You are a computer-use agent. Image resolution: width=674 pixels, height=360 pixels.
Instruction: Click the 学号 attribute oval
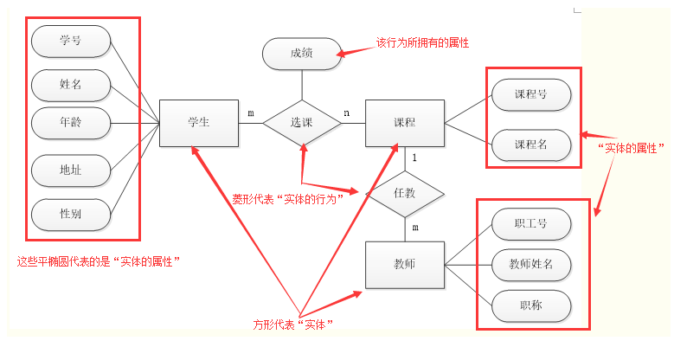point(71,41)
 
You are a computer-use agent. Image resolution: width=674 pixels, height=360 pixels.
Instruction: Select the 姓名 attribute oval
point(71,85)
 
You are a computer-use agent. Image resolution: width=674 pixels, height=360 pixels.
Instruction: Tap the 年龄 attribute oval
point(71,123)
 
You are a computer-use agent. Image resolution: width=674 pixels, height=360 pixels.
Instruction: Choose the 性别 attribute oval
point(71,213)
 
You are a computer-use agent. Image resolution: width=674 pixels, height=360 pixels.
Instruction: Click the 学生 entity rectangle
point(199,123)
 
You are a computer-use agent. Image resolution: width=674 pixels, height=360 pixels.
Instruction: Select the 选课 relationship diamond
point(301,123)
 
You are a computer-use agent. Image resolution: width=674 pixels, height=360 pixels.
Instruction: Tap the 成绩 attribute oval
point(301,55)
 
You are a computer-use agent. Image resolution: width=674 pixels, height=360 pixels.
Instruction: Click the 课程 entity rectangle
point(404,123)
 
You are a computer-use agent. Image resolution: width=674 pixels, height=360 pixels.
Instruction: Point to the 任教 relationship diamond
point(404,193)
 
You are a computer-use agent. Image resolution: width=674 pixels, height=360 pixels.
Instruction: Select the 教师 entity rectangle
point(404,264)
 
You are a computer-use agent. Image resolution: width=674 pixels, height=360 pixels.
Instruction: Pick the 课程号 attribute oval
point(530,93)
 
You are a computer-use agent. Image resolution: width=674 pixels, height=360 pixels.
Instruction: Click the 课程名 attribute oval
point(530,145)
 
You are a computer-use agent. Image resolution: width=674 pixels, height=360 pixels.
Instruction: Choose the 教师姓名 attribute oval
point(530,264)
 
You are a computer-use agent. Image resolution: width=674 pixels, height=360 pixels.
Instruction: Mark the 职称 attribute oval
point(530,305)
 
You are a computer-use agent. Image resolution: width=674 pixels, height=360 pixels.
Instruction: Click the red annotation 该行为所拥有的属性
point(422,42)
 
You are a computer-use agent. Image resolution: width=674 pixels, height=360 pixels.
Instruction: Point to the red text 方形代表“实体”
point(293,325)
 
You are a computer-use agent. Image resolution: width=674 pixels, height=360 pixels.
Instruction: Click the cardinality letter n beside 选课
point(347,112)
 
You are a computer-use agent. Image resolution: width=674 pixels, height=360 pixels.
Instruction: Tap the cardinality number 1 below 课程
point(415,157)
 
